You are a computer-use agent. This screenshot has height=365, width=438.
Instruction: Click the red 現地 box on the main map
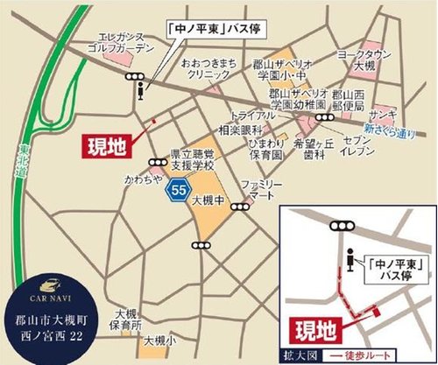point(109,144)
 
